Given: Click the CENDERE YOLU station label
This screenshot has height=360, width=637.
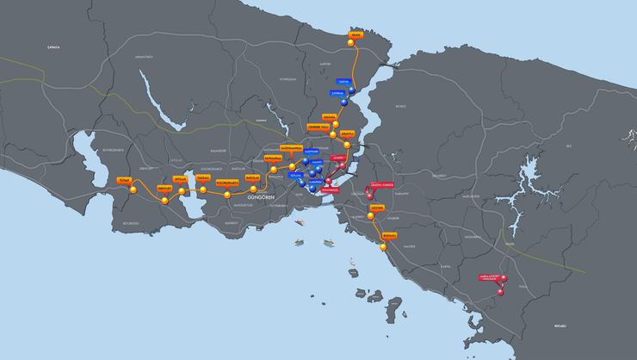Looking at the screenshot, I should (318, 127).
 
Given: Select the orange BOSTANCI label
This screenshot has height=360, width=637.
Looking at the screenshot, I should (389, 234).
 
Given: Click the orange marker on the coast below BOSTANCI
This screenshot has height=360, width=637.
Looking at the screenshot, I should (381, 246).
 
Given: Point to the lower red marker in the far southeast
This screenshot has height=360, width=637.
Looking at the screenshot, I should (499, 293).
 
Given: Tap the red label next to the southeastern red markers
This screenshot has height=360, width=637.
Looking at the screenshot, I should (489, 277).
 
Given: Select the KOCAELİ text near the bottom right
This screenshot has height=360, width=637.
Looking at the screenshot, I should (561, 326).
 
